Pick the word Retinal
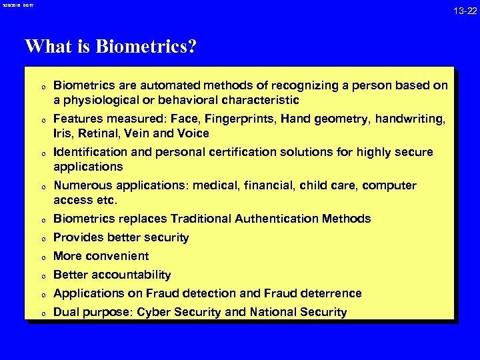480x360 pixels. tap(100, 133)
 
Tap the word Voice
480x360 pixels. tap(193, 133)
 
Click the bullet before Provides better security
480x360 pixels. tap(41, 239)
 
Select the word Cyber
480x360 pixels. tap(153, 312)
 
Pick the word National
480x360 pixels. tap(273, 312)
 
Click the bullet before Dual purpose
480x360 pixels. tap(41, 313)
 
